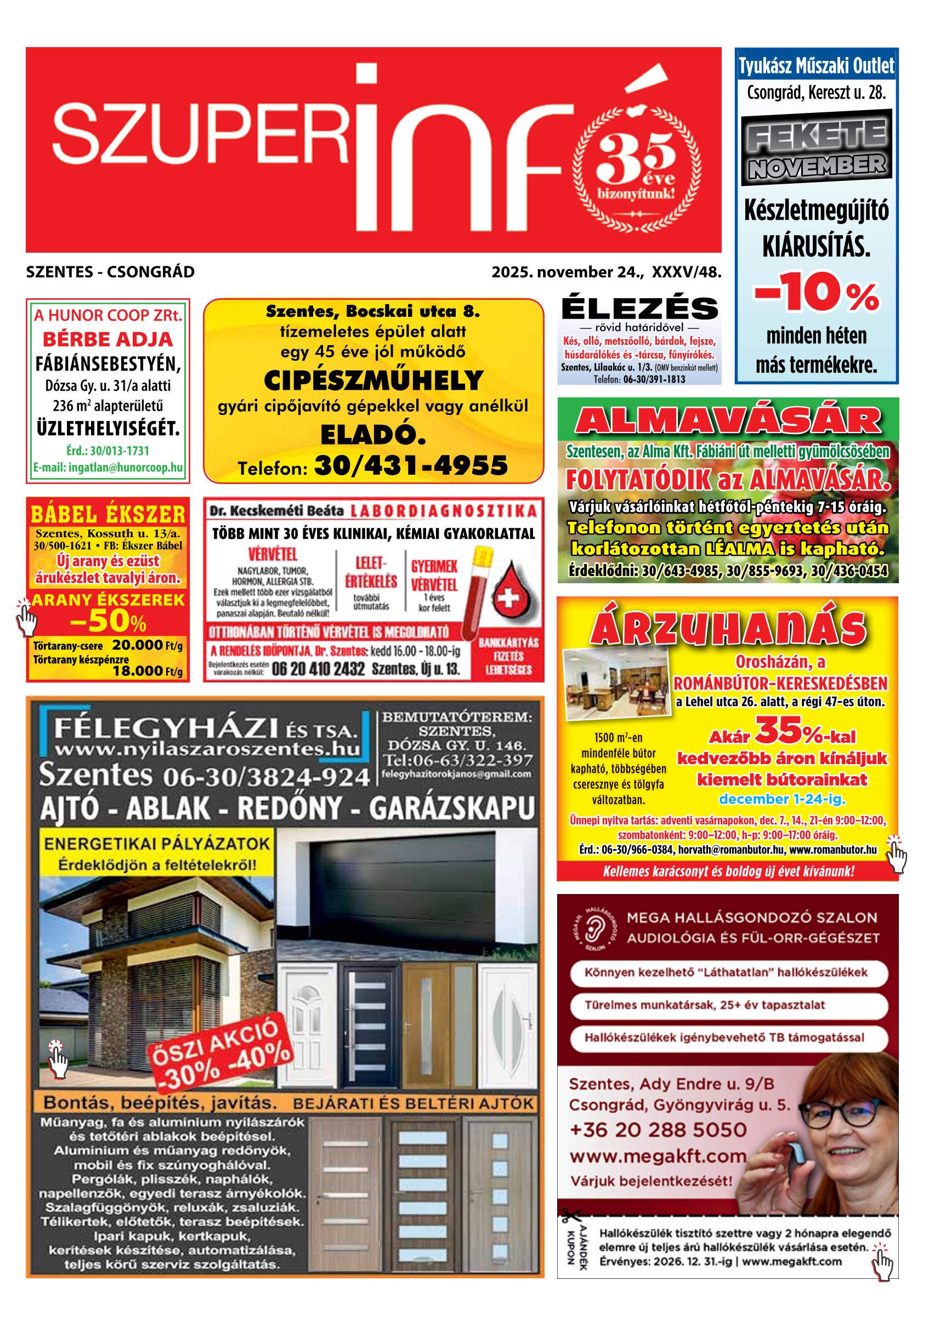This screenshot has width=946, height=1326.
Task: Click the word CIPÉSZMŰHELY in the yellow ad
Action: click(373, 380)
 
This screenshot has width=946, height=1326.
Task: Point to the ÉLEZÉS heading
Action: click(639, 309)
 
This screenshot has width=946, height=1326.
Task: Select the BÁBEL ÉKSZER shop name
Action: click(108, 514)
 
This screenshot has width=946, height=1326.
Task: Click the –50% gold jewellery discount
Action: click(108, 622)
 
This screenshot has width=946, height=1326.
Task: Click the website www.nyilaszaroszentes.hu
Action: click(206, 749)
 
